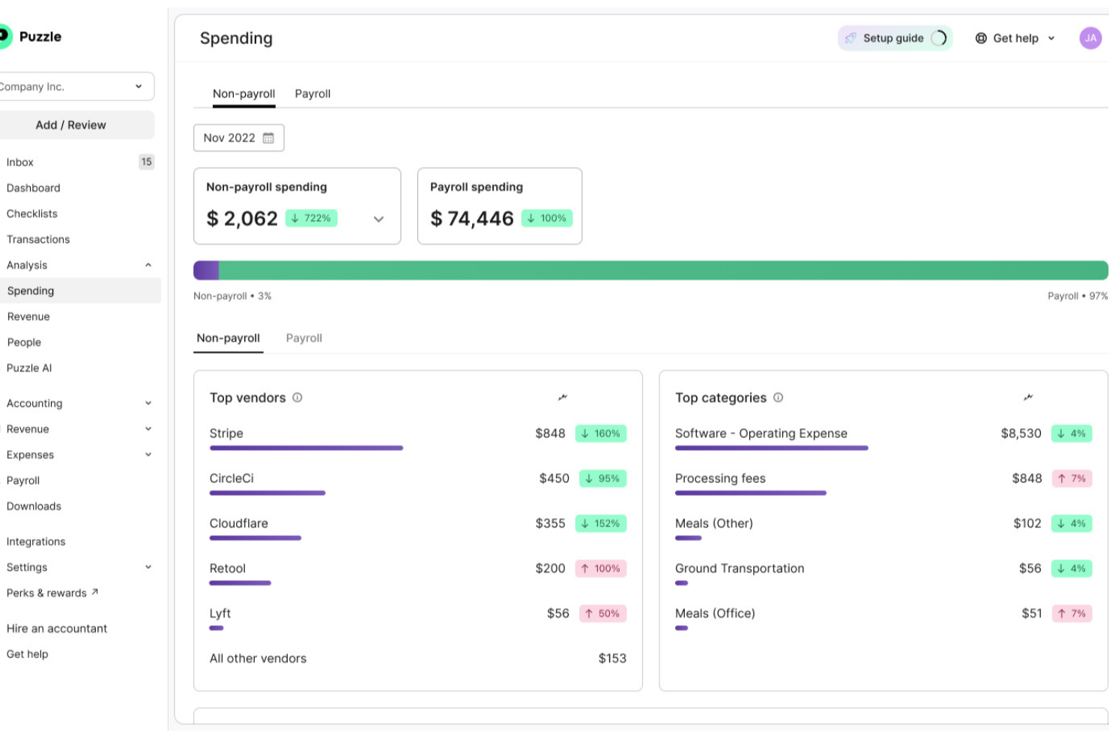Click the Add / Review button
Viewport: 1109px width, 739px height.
click(71, 125)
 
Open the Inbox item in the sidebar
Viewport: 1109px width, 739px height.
click(20, 162)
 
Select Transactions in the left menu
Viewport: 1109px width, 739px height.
click(38, 240)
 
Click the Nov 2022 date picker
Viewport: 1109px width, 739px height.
click(238, 138)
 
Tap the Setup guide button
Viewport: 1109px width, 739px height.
click(894, 38)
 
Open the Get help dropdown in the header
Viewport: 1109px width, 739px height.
click(1015, 38)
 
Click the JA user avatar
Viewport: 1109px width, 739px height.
click(1090, 38)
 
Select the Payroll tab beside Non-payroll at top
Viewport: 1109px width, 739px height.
click(312, 94)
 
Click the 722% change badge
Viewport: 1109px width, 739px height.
click(312, 219)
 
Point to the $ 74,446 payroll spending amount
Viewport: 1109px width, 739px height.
click(472, 219)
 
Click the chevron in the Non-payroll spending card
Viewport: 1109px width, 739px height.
click(378, 219)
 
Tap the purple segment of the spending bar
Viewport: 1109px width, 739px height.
click(206, 270)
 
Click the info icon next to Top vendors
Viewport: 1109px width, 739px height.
click(297, 398)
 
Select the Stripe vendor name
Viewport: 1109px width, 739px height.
click(226, 434)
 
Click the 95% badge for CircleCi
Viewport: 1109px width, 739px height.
click(602, 478)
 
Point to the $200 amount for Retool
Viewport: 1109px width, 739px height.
click(550, 568)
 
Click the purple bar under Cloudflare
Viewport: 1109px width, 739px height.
click(255, 538)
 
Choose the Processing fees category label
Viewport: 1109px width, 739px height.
click(720, 478)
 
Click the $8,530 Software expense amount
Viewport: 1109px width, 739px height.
click(1021, 434)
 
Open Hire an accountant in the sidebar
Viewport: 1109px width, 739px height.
click(57, 629)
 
